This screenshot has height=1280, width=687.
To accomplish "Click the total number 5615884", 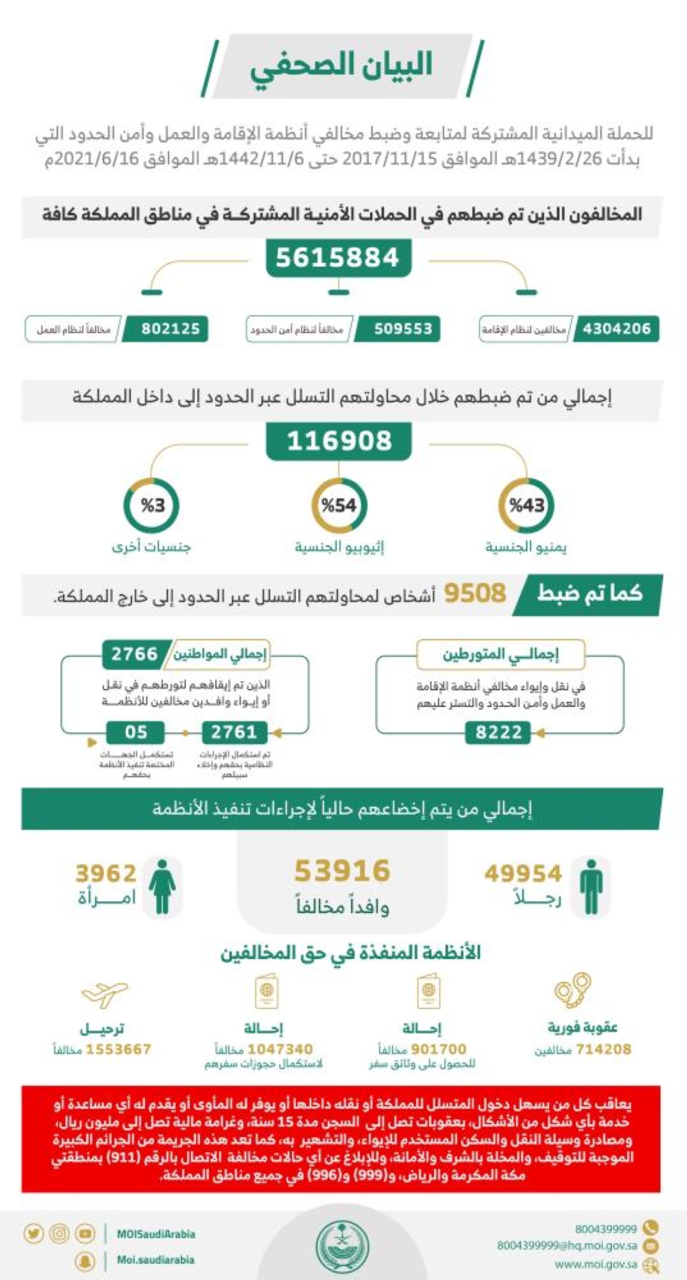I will pyautogui.click(x=337, y=258).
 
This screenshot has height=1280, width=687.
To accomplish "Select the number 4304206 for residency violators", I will pyautogui.click(x=616, y=329).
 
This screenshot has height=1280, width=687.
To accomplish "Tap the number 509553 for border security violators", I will pyautogui.click(x=403, y=329).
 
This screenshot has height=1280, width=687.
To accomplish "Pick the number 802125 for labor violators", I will pyautogui.click(x=170, y=329).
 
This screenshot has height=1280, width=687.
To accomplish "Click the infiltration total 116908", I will pyautogui.click(x=339, y=441).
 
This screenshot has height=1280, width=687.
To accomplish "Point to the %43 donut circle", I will pyautogui.click(x=526, y=505).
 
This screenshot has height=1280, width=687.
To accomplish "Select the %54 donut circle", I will pyautogui.click(x=339, y=505).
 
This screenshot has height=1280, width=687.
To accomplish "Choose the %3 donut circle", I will pyautogui.click(x=152, y=505).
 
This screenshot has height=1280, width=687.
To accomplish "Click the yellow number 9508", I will pyautogui.click(x=475, y=593).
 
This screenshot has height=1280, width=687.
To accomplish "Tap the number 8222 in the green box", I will pyautogui.click(x=499, y=733).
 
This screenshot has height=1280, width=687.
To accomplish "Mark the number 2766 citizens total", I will pyautogui.click(x=135, y=653).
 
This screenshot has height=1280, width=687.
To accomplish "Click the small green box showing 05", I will pyautogui.click(x=136, y=732).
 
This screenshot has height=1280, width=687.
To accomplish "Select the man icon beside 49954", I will pyautogui.click(x=590, y=887).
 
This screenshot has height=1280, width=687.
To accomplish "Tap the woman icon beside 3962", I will pyautogui.click(x=163, y=887).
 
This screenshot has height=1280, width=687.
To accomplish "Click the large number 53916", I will pyautogui.click(x=342, y=871).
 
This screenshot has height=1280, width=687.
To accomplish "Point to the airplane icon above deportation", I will pyautogui.click(x=104, y=993).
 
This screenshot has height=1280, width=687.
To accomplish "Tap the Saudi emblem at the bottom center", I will pyautogui.click(x=341, y=1246).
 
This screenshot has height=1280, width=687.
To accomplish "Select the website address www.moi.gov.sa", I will pyautogui.click(x=596, y=1264).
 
